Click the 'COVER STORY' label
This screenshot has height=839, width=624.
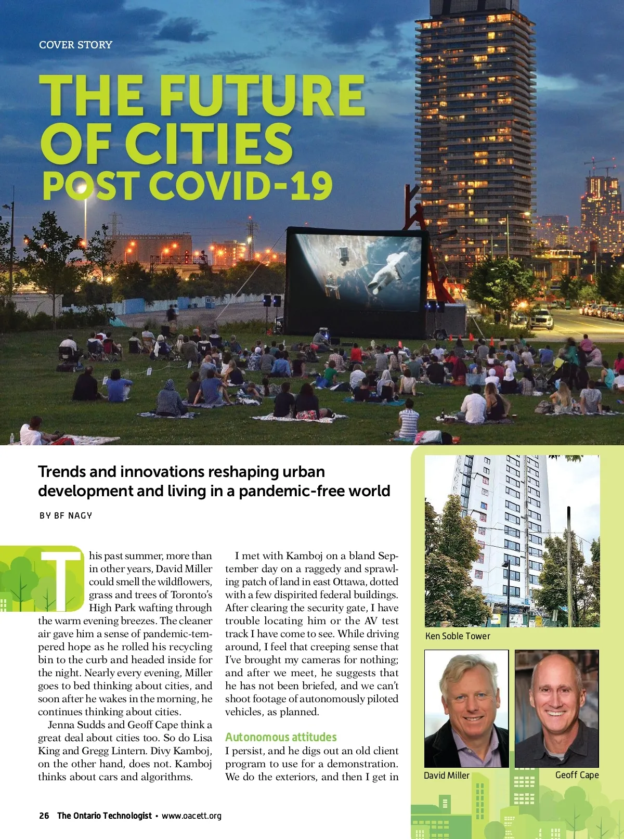75,45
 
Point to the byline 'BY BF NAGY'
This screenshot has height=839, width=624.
66,515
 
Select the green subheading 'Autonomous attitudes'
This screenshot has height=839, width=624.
281,737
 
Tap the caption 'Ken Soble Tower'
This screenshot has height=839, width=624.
458,636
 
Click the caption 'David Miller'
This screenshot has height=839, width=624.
446,775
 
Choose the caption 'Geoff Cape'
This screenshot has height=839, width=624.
577,775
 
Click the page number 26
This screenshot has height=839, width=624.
44,816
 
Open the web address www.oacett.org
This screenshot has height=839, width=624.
191,816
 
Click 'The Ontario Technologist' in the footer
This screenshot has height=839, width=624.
105,816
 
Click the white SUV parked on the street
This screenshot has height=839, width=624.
541,318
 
